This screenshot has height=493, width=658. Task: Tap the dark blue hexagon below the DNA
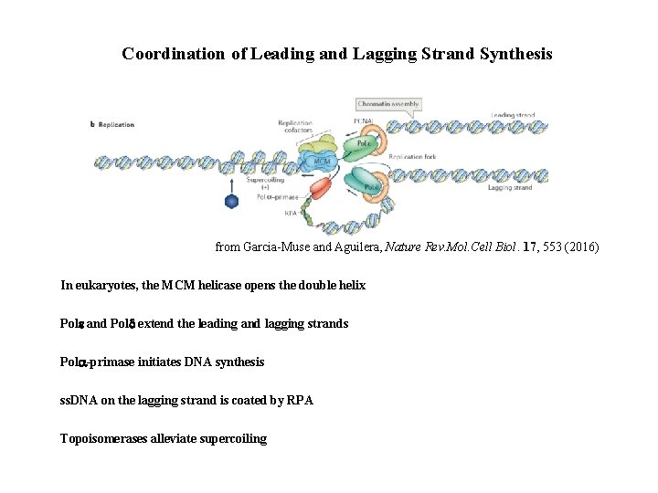pos(232,202)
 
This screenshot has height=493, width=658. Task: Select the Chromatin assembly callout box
pos(388,104)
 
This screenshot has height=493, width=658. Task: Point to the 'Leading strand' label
pos(512,116)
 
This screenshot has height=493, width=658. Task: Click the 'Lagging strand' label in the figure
pos(510,188)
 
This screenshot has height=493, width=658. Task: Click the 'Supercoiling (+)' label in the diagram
pos(265,184)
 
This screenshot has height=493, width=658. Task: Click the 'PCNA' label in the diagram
pos(361,121)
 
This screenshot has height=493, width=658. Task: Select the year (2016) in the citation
pos(581,247)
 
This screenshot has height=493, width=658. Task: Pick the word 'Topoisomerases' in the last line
pos(100,439)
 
